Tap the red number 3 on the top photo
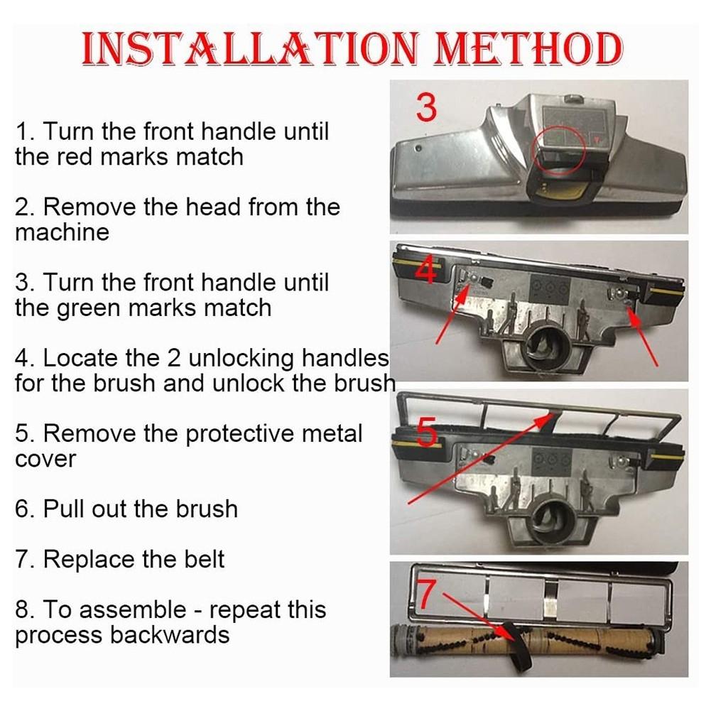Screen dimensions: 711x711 [426, 107]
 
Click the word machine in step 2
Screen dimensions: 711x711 [62, 232]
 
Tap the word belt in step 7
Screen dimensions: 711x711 [204, 559]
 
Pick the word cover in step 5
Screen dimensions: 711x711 [45, 460]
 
